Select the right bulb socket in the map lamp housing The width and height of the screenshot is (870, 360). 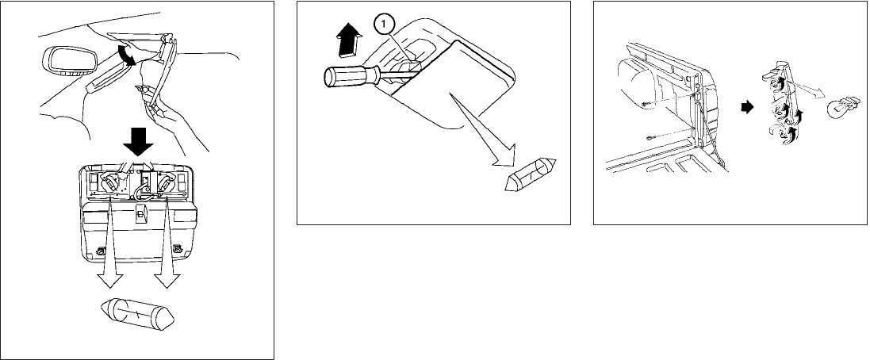point(166,182)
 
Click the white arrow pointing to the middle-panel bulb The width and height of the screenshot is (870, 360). point(477,128)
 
